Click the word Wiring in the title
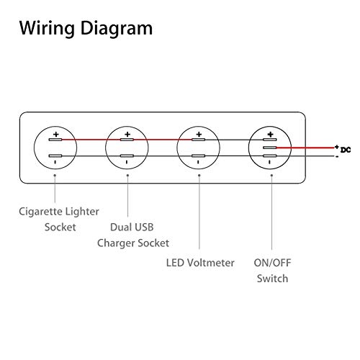point(47,28)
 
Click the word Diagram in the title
point(117,28)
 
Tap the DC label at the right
point(346,150)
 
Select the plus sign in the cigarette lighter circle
point(56,134)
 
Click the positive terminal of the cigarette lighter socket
point(55,140)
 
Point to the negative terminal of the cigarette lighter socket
point(55,156)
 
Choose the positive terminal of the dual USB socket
point(127,140)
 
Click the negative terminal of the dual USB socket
point(127,156)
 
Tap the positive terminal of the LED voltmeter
point(198,140)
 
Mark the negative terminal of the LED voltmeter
point(198,156)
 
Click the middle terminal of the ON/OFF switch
point(270,148)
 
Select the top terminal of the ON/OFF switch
point(270,140)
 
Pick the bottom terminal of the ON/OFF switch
point(270,156)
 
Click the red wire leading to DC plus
point(305,148)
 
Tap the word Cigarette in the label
point(40,212)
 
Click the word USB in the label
point(143,228)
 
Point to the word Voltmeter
point(211,263)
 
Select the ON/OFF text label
point(272,263)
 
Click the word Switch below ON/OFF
point(272,279)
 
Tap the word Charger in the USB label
point(114,243)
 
